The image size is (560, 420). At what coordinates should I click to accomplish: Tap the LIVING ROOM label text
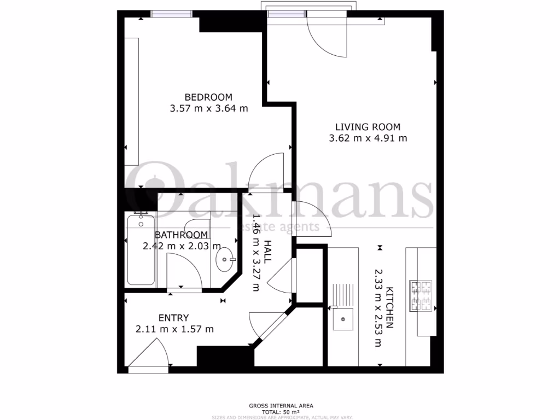coord(368,127)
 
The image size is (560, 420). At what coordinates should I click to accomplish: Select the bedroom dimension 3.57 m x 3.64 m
coord(209,108)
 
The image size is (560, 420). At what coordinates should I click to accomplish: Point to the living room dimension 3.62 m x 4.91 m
coord(368,138)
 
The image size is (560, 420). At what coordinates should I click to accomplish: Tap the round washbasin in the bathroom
coord(225,259)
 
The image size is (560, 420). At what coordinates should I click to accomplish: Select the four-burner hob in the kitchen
coord(421,295)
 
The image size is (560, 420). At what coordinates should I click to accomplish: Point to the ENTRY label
coord(173,318)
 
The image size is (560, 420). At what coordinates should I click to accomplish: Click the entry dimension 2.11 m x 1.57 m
coord(174,329)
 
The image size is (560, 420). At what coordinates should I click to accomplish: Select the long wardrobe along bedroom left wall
coord(131,101)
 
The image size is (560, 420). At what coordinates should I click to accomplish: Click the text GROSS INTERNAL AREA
coord(281,406)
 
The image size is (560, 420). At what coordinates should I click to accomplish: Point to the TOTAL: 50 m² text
coord(281,412)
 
